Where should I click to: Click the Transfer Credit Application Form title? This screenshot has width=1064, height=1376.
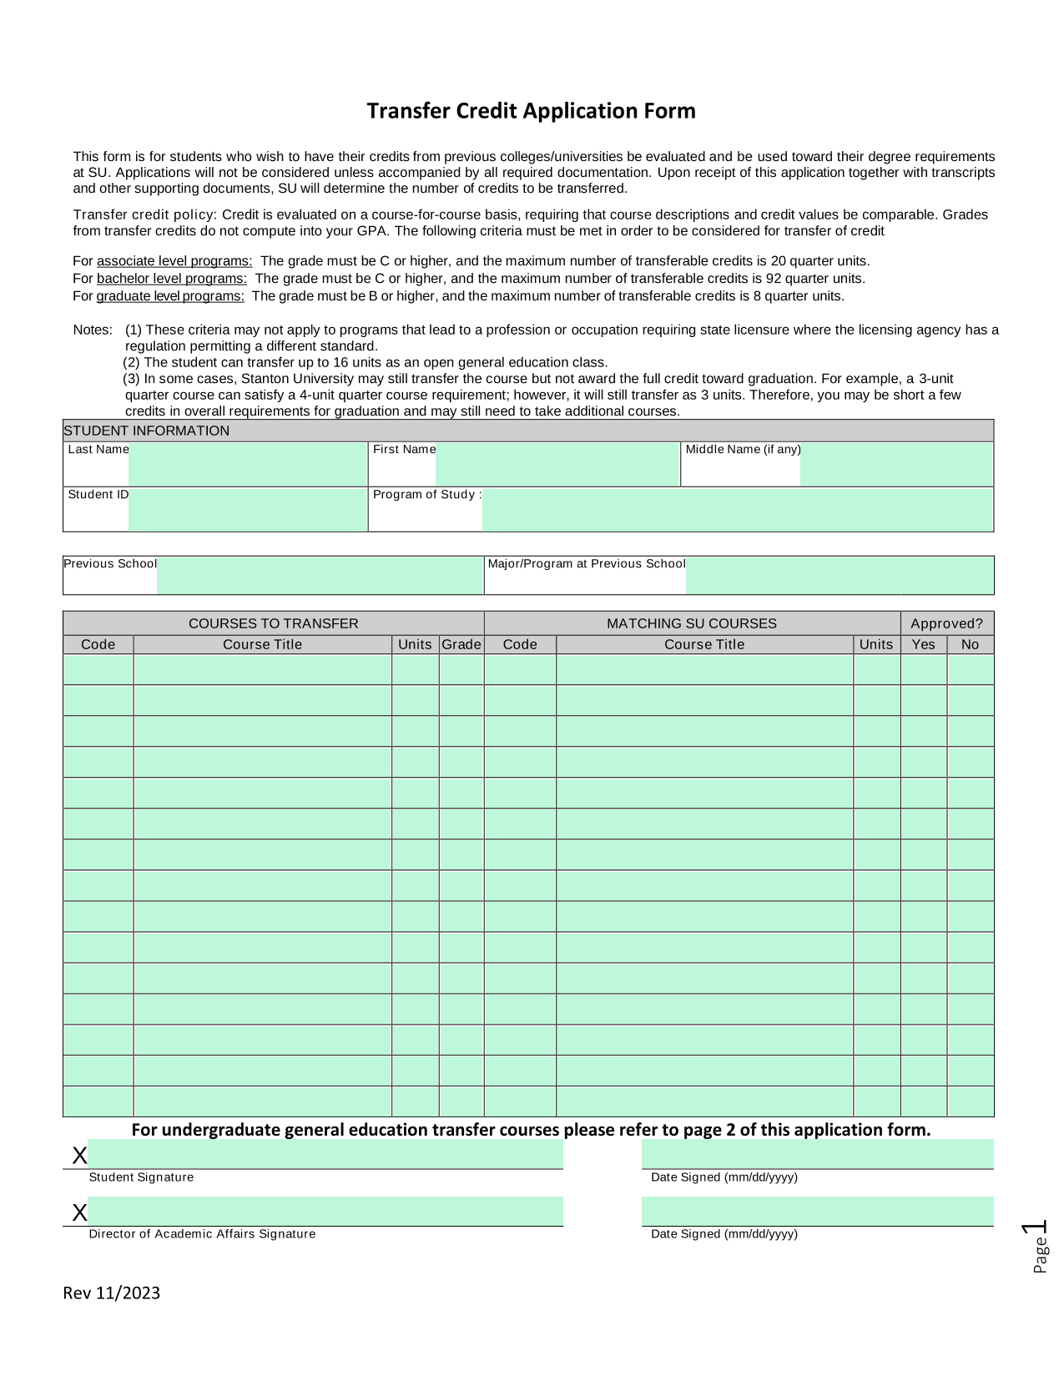[x=531, y=111]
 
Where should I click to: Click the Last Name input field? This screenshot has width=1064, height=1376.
[x=247, y=464]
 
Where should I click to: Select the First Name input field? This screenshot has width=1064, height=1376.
[x=557, y=464]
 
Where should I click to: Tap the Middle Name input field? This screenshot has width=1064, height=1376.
[x=896, y=464]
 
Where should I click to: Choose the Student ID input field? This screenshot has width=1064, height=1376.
[x=247, y=509]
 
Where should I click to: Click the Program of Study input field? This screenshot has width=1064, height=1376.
[x=737, y=509]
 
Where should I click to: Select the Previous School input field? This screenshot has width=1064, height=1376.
[x=320, y=575]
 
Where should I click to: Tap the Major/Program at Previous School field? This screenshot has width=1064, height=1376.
[x=839, y=575]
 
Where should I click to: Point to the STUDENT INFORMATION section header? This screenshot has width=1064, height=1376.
[x=147, y=431]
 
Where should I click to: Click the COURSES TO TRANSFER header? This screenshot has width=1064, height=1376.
[x=273, y=623]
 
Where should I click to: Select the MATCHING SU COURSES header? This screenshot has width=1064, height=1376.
[x=691, y=623]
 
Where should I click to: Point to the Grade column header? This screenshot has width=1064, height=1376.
[x=461, y=644]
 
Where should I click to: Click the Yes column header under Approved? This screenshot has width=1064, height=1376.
[x=923, y=644]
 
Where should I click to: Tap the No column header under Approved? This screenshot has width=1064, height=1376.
[x=970, y=644]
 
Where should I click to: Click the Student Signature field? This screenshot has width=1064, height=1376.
[x=325, y=1154]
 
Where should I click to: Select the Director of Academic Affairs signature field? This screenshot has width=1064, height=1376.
[x=325, y=1211]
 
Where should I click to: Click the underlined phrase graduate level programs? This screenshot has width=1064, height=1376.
[x=170, y=296]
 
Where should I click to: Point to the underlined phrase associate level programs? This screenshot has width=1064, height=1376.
[x=174, y=261]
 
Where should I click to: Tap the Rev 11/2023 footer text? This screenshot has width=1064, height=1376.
[x=112, y=1293]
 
